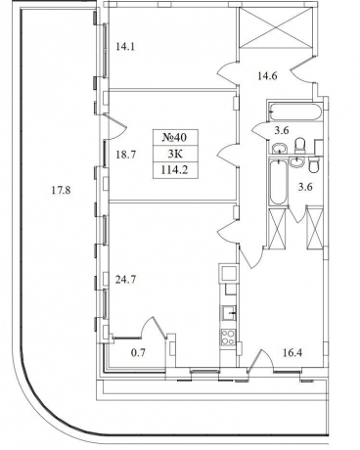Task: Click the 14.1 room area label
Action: click(125, 47)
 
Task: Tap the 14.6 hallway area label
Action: click(267, 76)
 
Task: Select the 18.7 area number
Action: click(125, 155)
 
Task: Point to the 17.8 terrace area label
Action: click(61, 190)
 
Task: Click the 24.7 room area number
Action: click(125, 280)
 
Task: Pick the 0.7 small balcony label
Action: click(138, 352)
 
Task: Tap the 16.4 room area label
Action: click(292, 352)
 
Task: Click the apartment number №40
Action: click(174, 137)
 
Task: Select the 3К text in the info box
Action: click(175, 154)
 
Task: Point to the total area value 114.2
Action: click(175, 170)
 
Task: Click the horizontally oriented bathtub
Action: click(295, 112)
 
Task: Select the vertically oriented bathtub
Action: click(278, 182)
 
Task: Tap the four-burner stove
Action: click(228, 337)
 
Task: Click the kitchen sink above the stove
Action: click(229, 314)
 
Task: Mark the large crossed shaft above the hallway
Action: click(276, 28)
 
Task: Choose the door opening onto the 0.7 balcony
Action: click(154, 328)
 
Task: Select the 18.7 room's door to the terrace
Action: click(114, 127)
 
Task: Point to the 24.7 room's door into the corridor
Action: click(229, 233)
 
